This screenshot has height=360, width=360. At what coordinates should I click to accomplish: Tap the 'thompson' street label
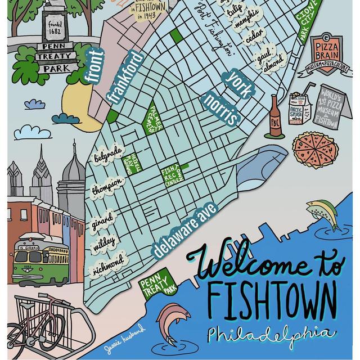click(107, 186)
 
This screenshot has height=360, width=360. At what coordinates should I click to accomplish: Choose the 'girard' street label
click(103, 217)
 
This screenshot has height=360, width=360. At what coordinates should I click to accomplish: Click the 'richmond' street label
click(108, 263)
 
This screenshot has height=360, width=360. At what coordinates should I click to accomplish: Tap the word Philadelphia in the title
click(270, 333)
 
